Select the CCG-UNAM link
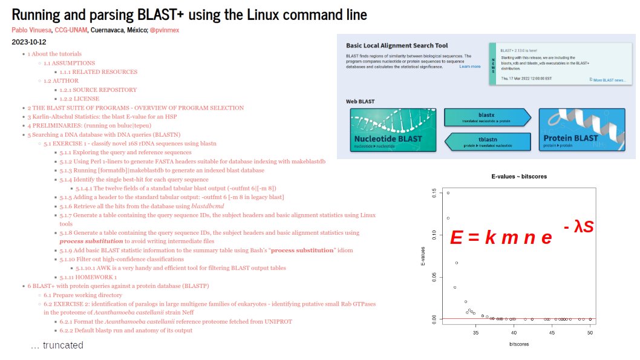tap(71, 30)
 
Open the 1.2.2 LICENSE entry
tap(79, 99)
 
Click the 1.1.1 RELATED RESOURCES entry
tap(98, 72)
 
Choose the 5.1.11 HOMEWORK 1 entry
tap(88, 277)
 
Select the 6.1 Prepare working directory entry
tap(83, 295)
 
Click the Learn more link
tap(470, 67)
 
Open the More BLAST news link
tap(607, 80)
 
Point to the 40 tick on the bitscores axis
tap(514, 332)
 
